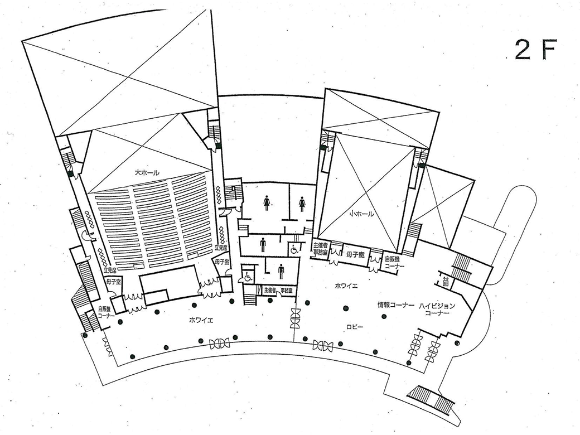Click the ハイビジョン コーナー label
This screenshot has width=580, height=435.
pos(437,310)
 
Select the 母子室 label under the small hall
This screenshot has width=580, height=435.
pos(355,254)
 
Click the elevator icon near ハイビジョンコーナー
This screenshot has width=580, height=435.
pos(446,282)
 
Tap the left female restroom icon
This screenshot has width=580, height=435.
pos(268,202)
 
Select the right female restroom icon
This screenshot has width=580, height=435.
pos(302,204)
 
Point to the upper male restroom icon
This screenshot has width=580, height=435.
pos(262,244)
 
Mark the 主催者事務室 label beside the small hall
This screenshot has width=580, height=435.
pos(320,249)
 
